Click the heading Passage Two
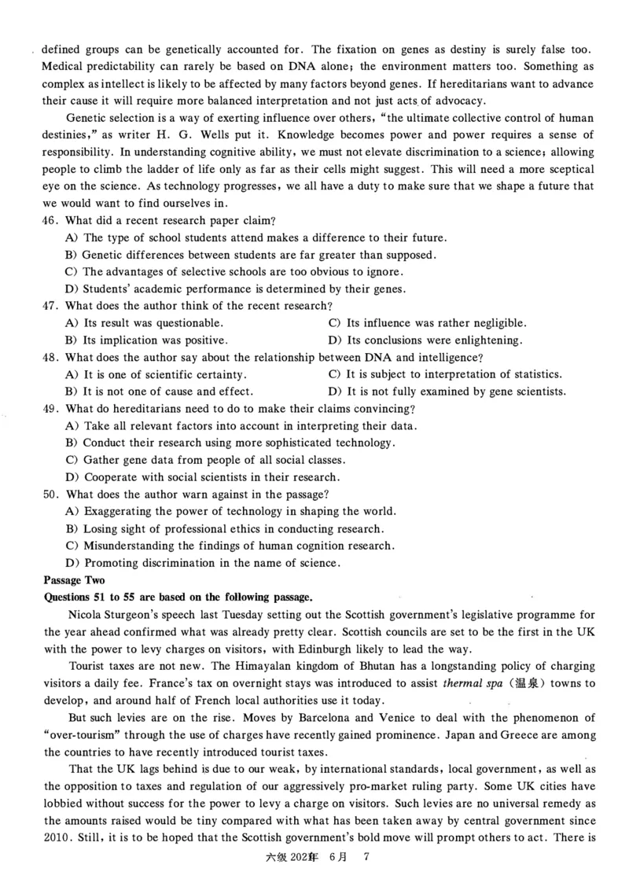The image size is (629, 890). coord(73,579)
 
